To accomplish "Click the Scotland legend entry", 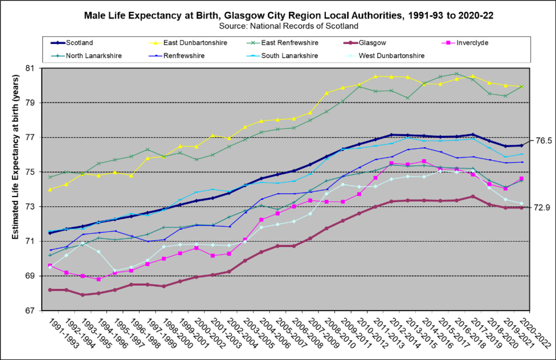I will pyautogui.click(x=79, y=43).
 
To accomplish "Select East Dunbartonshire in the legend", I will pyautogui.click(x=195, y=43).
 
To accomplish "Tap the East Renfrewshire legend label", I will pyautogui.click(x=289, y=43).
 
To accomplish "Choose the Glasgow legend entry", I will pyautogui.click(x=372, y=43).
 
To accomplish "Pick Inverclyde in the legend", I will pyautogui.click(x=472, y=43).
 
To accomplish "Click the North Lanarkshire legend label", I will pyautogui.click(x=93, y=56).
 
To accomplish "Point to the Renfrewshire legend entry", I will pyautogui.click(x=183, y=56).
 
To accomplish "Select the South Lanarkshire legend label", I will pyautogui.click(x=289, y=56).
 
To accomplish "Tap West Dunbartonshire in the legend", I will pyautogui.click(x=391, y=56).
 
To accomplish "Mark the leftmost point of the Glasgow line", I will pyautogui.click(x=50, y=290).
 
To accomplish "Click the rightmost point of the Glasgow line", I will pyautogui.click(x=521, y=208).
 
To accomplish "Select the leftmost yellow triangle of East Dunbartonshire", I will pyautogui.click(x=50, y=189).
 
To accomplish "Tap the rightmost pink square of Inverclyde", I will pyautogui.click(x=521, y=179).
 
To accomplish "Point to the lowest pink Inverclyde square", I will pyautogui.click(x=99, y=279).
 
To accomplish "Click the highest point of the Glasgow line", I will pyautogui.click(x=473, y=197).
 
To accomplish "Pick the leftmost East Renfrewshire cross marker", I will pyautogui.click(x=50, y=177).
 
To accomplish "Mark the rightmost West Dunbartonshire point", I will pyautogui.click(x=521, y=203).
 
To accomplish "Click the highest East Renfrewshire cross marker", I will pyautogui.click(x=456, y=73).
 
